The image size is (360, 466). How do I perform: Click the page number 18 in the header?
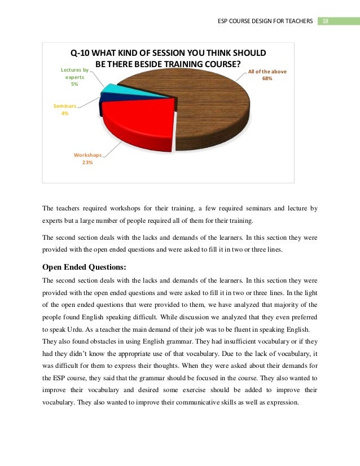tap(326, 21)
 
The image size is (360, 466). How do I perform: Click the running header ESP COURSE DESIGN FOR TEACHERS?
tap(265, 21)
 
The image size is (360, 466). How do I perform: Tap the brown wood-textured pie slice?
tap(209, 107)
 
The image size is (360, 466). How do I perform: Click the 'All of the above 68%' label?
tap(267, 75)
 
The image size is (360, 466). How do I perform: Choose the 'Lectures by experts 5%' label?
tap(74, 77)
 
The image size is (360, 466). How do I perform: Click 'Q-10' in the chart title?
tap(80, 53)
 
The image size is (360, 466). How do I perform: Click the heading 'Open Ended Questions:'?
tap(82, 267)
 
